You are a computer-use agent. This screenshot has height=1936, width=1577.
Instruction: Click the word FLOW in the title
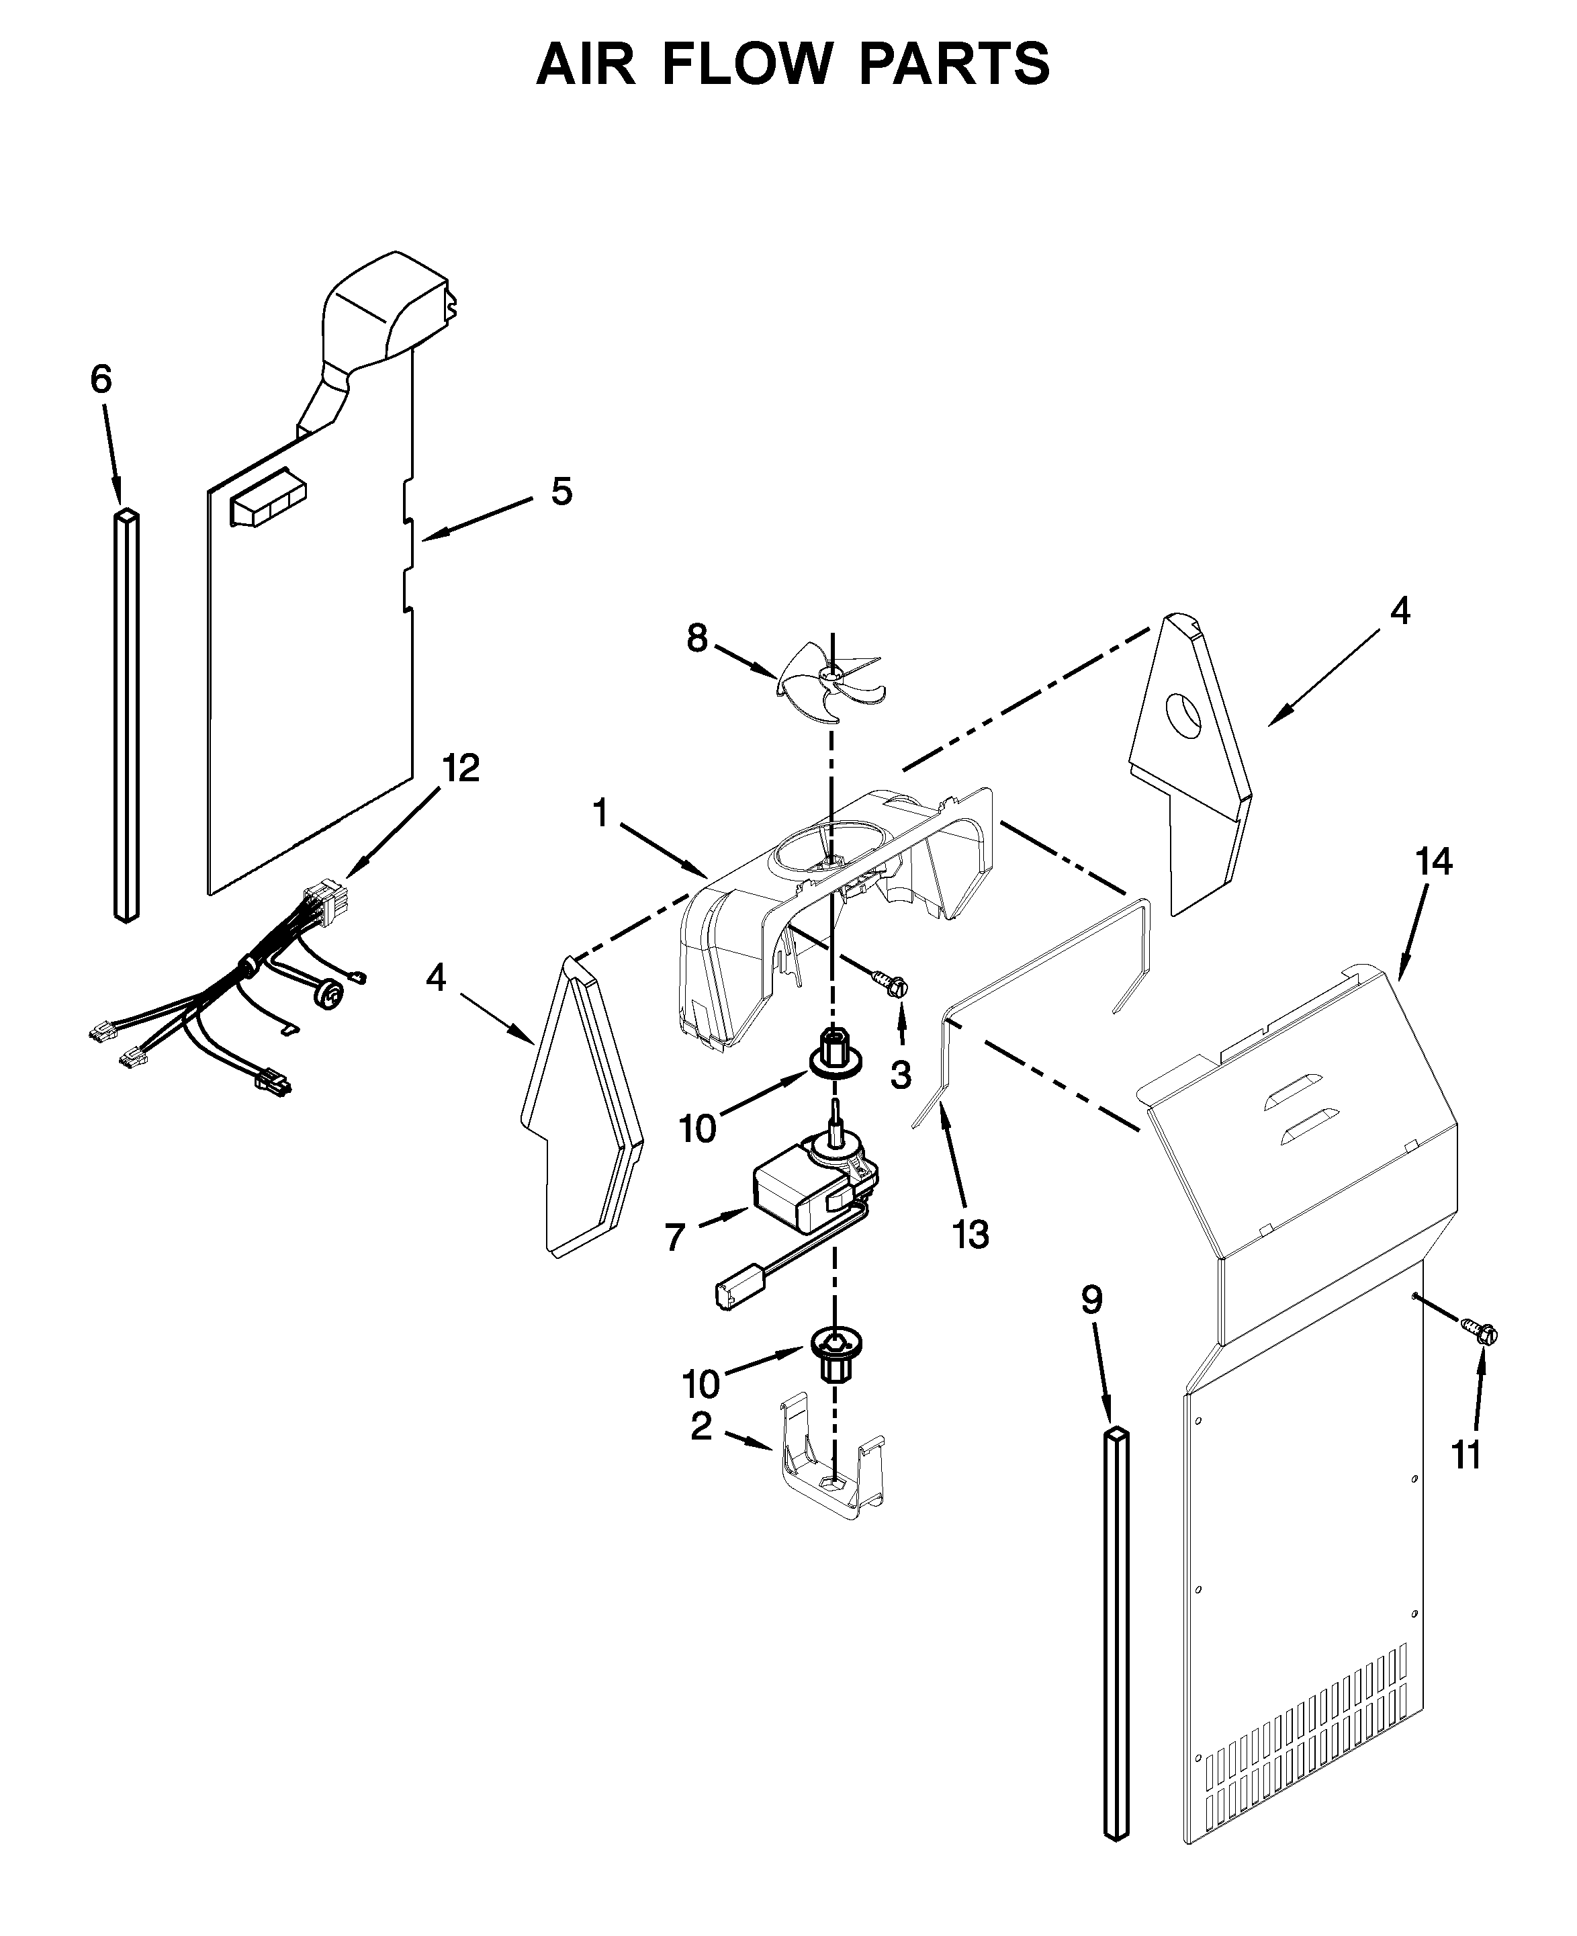tap(747, 64)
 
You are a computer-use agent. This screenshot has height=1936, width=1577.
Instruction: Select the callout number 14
tap(1433, 861)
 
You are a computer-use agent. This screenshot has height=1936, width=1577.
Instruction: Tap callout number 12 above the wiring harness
tap(461, 768)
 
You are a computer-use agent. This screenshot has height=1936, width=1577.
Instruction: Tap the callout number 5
tap(561, 492)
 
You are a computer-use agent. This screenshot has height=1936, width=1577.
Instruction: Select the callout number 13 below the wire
tap(971, 1234)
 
